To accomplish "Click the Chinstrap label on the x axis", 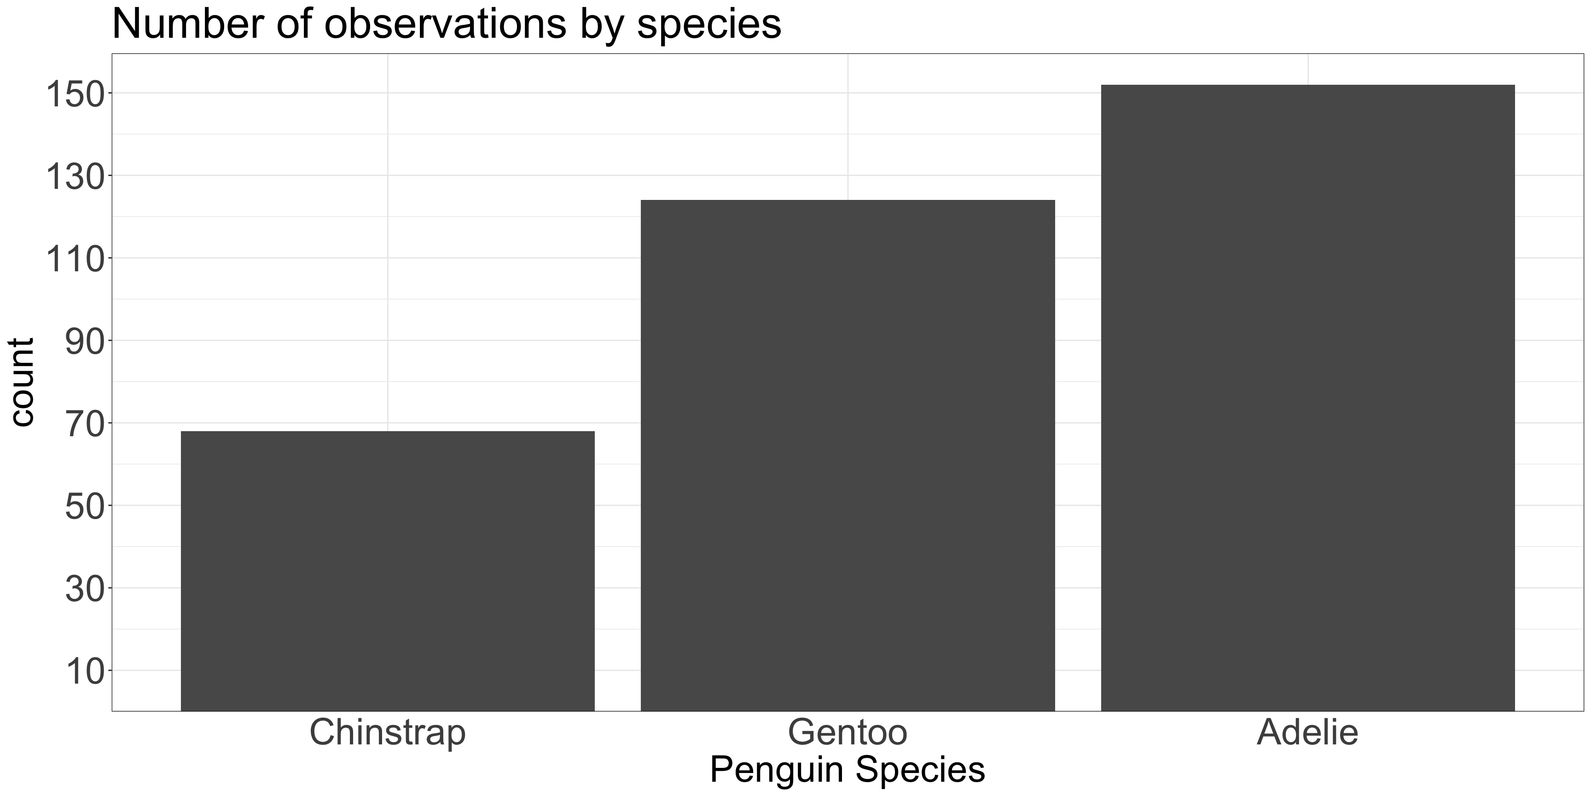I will coord(387,733).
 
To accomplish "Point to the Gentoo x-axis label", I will coord(848,733).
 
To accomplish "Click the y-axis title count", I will coord(22,382).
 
